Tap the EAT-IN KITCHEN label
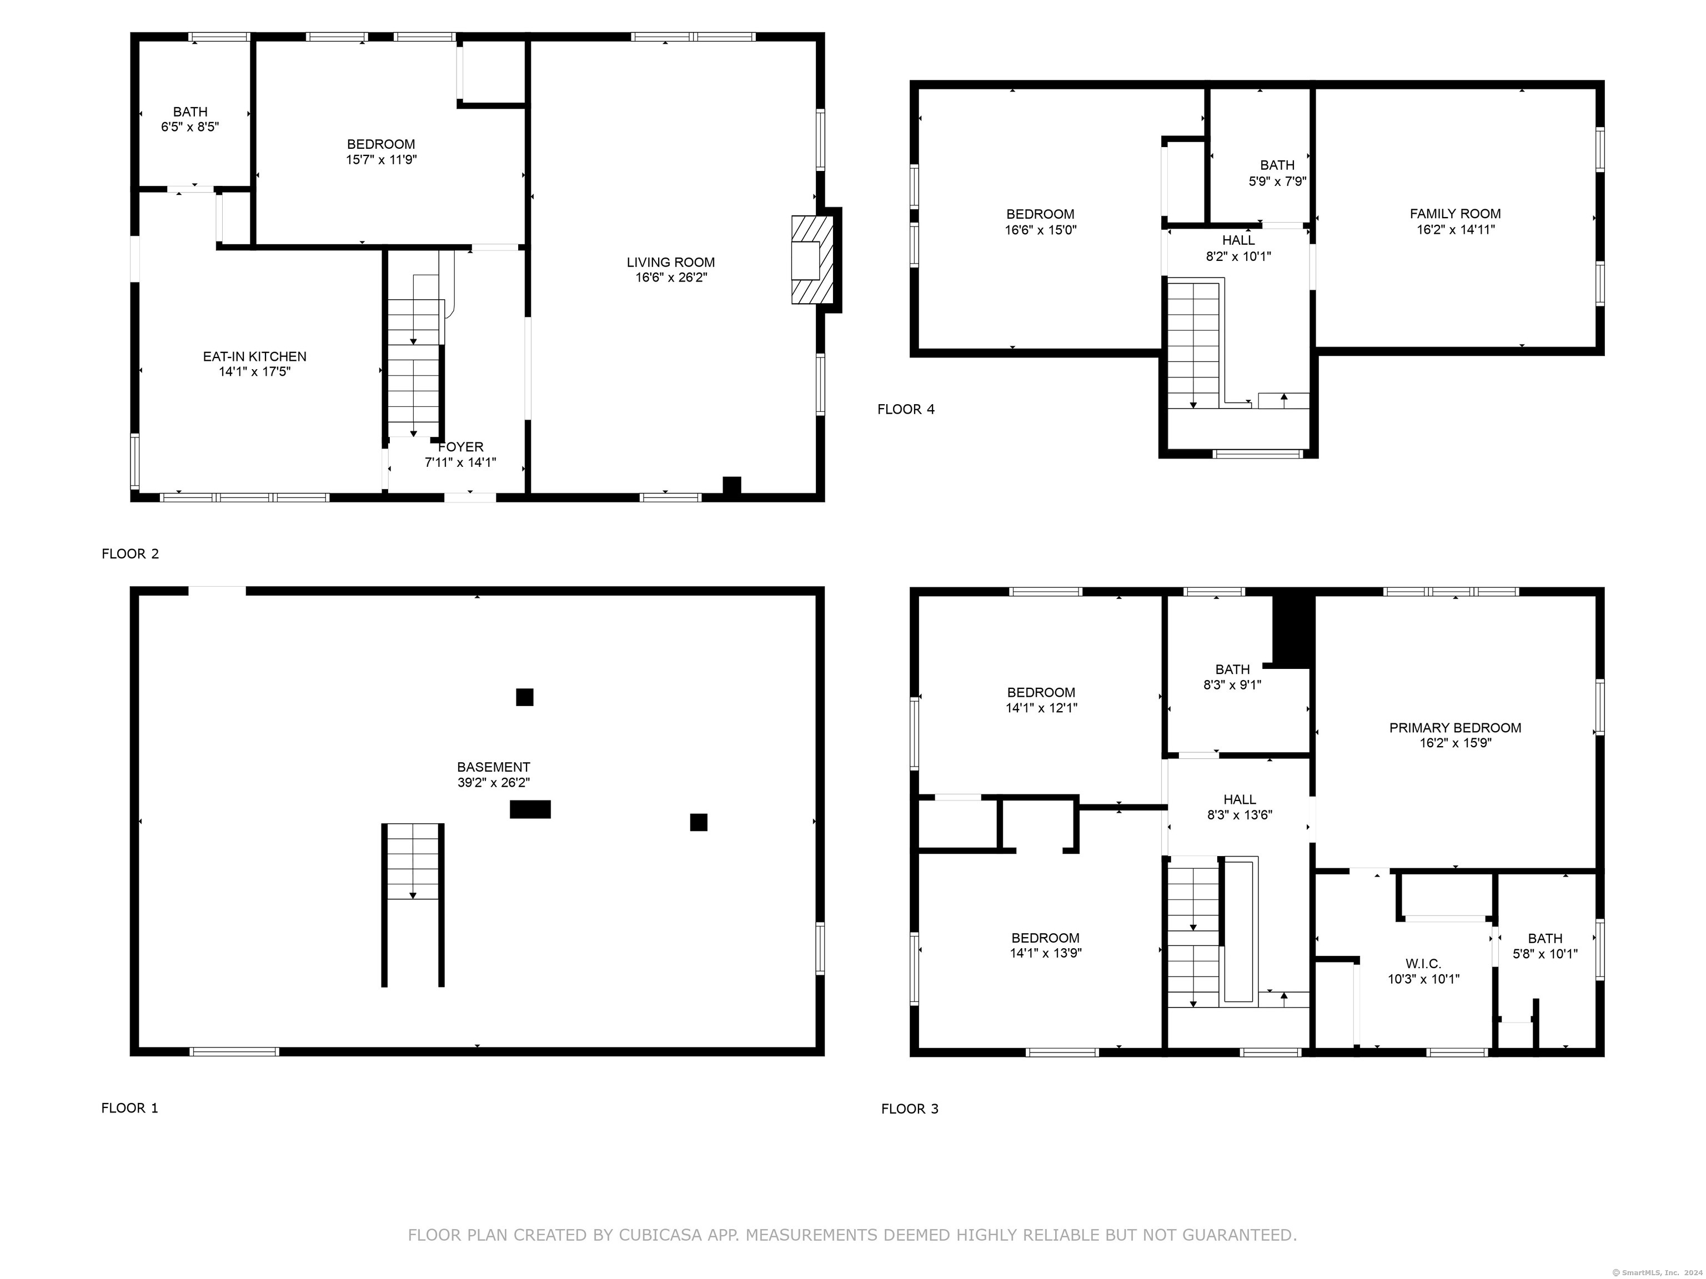click(x=254, y=356)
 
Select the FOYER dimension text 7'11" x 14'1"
click(x=460, y=462)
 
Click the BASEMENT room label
click(x=494, y=767)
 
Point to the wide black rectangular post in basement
click(x=530, y=809)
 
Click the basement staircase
click(x=413, y=905)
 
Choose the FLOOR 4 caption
click(x=906, y=409)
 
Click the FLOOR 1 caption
click(x=129, y=1108)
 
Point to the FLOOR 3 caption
click(x=910, y=1109)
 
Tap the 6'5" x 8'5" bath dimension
click(x=190, y=127)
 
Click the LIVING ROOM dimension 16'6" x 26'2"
click(x=671, y=278)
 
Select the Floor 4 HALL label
click(x=1238, y=240)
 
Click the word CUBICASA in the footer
click(x=660, y=1235)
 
